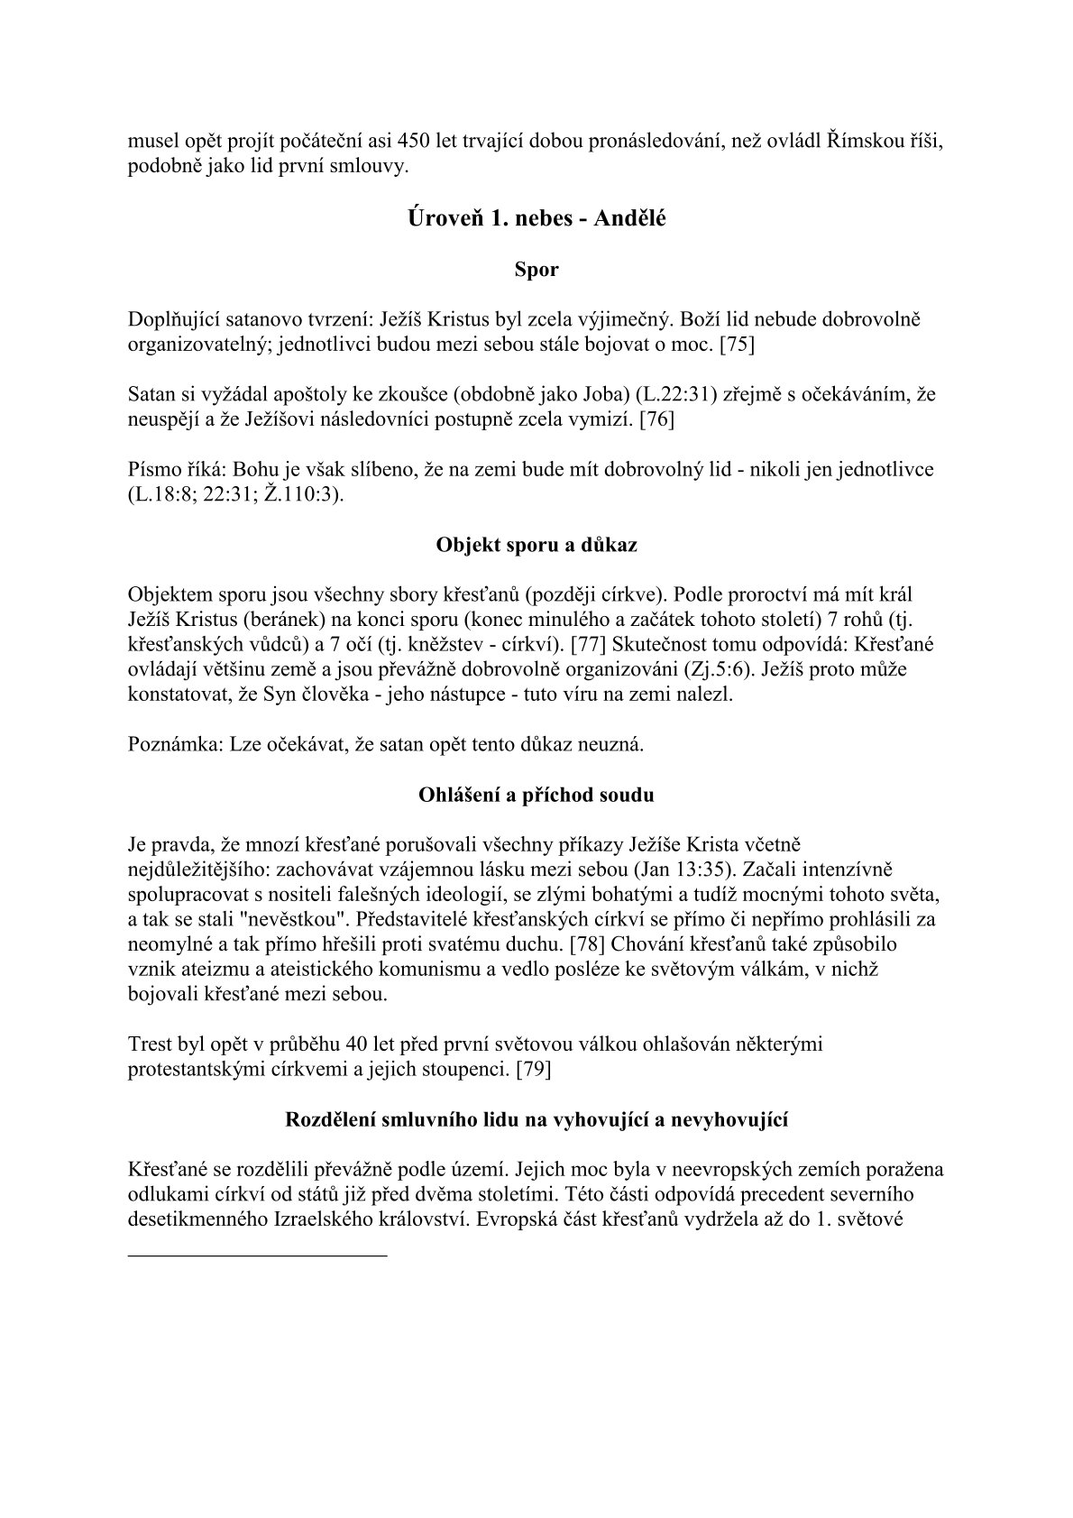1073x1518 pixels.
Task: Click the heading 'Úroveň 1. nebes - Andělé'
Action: [x=536, y=217]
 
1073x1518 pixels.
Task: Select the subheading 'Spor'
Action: [x=536, y=270]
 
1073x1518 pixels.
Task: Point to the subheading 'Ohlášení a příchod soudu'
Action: [x=536, y=795]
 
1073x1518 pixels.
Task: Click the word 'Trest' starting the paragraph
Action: [x=151, y=1044]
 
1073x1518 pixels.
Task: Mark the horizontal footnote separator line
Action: [x=258, y=1255]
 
